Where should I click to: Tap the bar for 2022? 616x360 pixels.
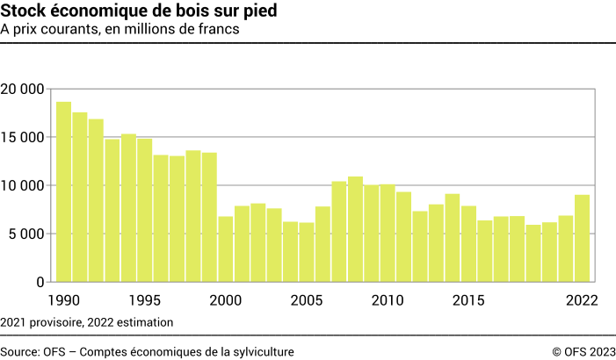[582, 238]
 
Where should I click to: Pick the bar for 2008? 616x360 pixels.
[355, 229]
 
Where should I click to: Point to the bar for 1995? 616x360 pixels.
[144, 210]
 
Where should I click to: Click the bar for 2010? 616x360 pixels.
[388, 233]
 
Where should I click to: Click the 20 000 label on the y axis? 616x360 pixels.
[23, 89]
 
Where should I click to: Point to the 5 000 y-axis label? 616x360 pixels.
[27, 234]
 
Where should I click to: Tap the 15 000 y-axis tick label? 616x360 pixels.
[23, 137]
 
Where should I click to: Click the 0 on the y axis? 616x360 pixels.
[40, 282]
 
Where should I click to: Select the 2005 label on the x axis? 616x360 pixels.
[306, 300]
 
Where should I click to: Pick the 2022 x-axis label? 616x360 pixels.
[582, 300]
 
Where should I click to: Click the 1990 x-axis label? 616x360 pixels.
[63, 300]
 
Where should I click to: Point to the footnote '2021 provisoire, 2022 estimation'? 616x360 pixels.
[87, 322]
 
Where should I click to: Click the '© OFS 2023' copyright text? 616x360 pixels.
[583, 351]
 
